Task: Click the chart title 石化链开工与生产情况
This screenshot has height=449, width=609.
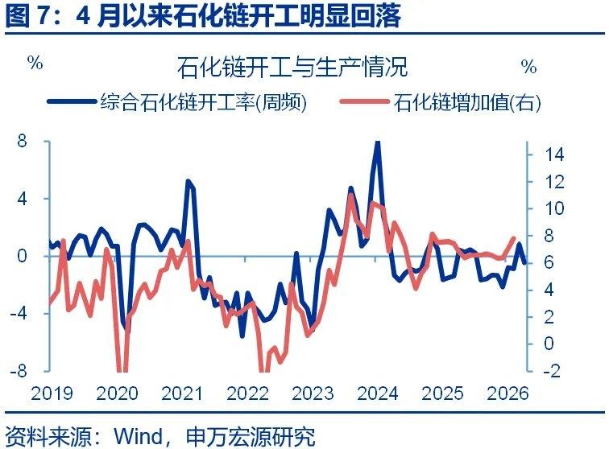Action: [x=304, y=65]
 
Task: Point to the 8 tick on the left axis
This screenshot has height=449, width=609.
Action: [x=22, y=141]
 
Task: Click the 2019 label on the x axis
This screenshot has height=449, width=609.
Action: [x=52, y=393]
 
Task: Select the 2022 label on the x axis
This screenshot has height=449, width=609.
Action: [x=247, y=393]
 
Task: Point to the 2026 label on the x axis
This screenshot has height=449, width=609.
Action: [x=508, y=393]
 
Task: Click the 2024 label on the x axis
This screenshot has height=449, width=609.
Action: [x=378, y=393]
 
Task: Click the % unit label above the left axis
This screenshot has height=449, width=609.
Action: [x=35, y=64]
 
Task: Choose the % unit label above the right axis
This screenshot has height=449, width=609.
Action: [x=528, y=65]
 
